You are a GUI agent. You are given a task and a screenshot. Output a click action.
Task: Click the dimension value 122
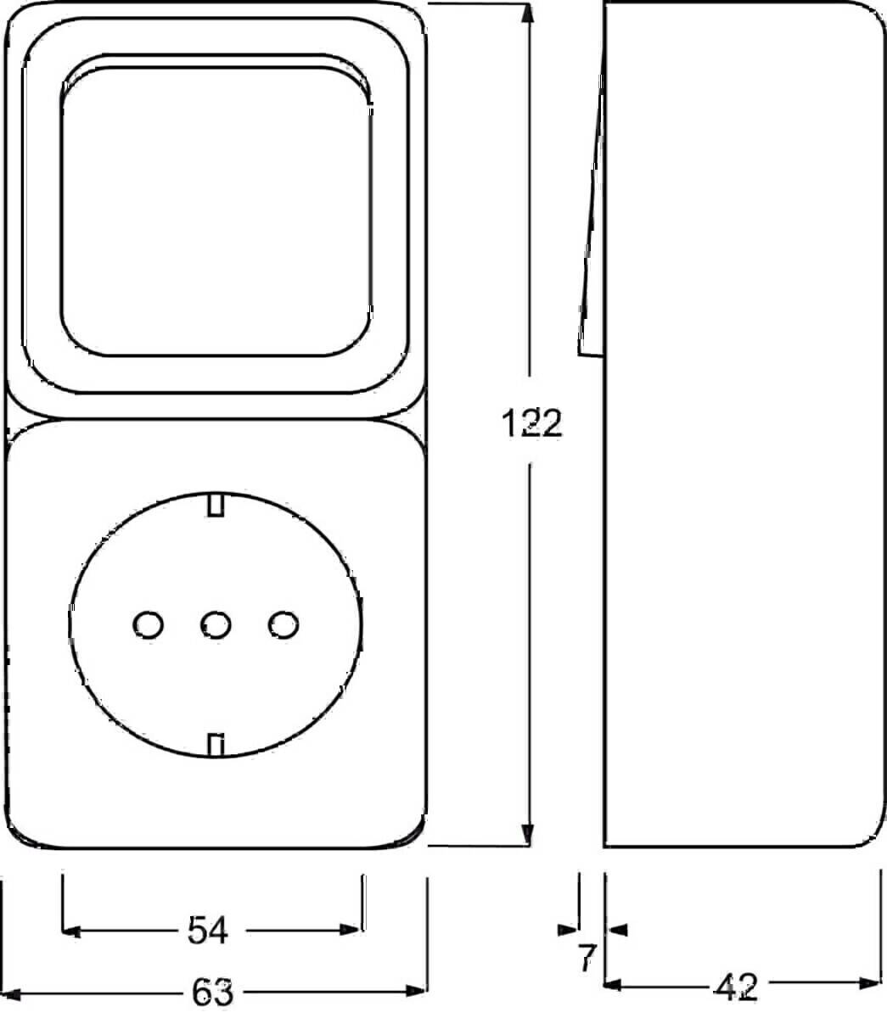[531, 423]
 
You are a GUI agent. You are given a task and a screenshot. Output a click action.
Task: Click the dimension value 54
[208, 930]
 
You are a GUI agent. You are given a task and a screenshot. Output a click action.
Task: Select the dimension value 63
[212, 993]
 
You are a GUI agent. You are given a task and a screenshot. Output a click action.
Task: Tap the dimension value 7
[587, 958]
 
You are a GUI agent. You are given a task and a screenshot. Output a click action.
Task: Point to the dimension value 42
[736, 987]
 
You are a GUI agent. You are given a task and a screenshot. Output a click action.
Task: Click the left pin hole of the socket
[149, 625]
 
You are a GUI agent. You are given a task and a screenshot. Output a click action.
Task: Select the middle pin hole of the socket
[216, 625]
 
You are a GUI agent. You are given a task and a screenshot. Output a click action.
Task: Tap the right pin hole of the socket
[284, 625]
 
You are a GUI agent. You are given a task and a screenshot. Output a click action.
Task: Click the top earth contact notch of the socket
[216, 505]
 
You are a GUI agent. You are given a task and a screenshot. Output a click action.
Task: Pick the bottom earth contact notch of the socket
[216, 746]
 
